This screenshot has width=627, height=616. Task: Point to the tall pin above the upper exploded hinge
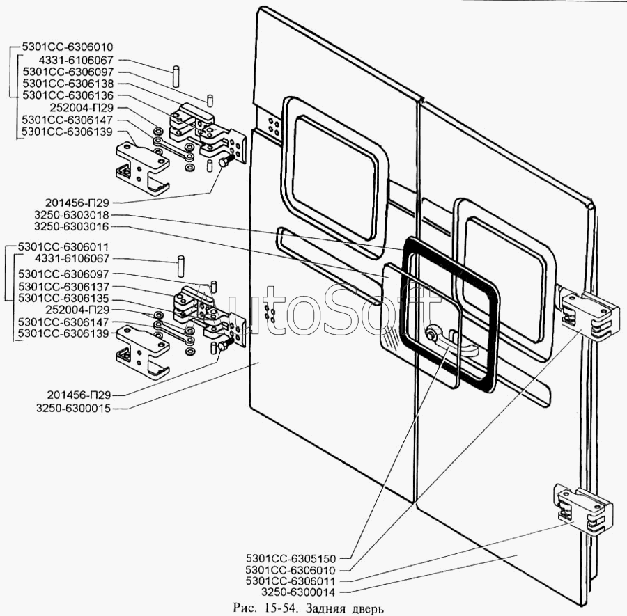(177, 74)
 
